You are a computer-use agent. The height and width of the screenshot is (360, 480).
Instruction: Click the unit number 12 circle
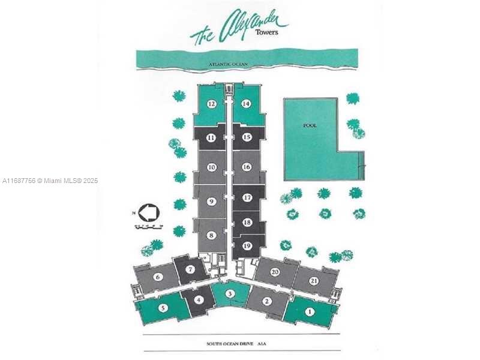[211, 104]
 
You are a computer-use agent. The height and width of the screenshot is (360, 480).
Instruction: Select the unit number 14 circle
[246, 104]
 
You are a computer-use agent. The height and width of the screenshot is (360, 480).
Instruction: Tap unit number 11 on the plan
[211, 137]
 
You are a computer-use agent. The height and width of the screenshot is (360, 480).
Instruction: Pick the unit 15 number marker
[246, 137]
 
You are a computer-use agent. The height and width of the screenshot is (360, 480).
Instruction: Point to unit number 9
[211, 202]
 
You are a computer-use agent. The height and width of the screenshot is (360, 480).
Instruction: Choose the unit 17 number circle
[247, 197]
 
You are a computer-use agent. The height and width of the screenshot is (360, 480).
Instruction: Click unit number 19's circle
[247, 245]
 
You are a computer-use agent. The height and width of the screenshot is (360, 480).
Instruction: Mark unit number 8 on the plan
[211, 236]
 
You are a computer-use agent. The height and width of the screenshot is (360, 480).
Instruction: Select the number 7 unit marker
[190, 269]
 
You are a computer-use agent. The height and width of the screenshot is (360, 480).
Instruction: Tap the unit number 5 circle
[163, 308]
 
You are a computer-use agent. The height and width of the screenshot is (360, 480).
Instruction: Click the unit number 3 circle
[230, 293]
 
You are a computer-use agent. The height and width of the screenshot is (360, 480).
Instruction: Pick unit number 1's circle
[310, 311]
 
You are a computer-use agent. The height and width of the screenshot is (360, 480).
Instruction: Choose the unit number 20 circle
[275, 272]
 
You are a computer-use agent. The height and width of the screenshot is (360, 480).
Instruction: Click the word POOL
[310, 125]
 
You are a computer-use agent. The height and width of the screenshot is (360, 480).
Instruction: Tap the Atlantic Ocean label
[228, 63]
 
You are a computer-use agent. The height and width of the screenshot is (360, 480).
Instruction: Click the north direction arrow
[148, 212]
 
